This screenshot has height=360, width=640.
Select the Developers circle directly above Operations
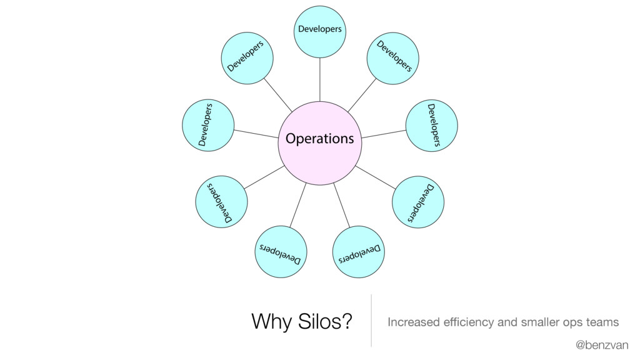click(319, 31)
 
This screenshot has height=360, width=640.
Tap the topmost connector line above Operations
click(319, 79)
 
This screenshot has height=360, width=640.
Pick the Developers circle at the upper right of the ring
click(392, 58)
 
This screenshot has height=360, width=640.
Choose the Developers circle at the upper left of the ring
click(248, 58)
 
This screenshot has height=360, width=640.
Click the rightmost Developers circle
click(432, 126)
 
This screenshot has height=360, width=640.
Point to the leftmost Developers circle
click(207, 125)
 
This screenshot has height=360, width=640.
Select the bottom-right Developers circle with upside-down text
click(359, 251)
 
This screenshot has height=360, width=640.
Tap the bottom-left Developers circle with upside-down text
click(281, 251)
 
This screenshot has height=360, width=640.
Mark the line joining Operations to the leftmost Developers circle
click(256, 133)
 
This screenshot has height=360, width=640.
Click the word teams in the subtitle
click(601, 322)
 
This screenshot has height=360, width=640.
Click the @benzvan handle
click(602, 345)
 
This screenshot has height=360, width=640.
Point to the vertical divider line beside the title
click(371, 320)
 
